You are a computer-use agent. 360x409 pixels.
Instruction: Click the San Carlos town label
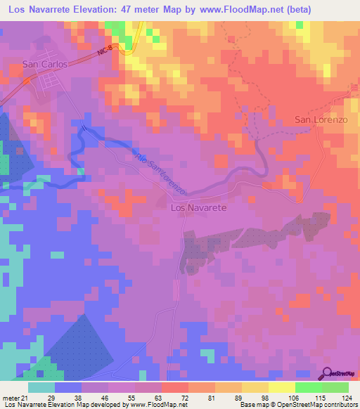[45, 64]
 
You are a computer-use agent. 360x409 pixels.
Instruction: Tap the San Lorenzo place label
[321, 119]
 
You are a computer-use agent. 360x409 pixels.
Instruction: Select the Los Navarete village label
[198, 208]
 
